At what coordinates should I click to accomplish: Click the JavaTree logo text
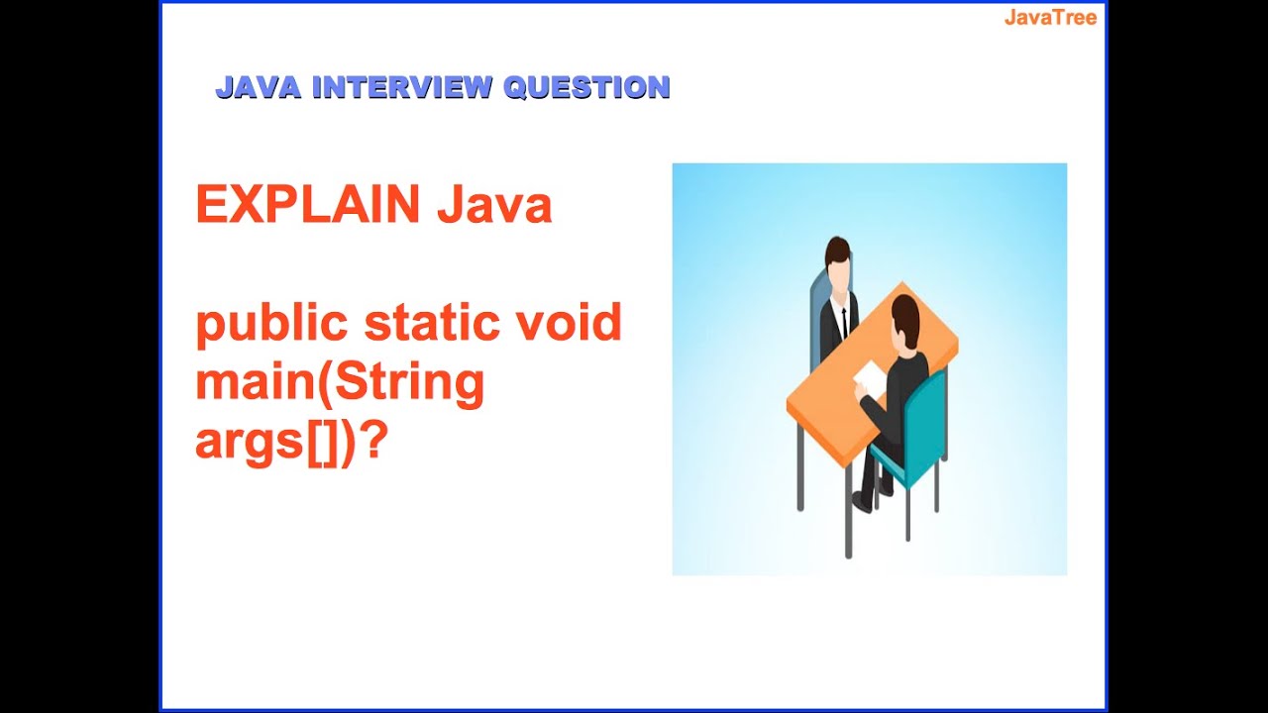tap(1050, 17)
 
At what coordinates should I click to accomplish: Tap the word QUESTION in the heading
tap(586, 88)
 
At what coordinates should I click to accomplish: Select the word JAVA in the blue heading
tap(259, 88)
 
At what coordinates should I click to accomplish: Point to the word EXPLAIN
tap(308, 205)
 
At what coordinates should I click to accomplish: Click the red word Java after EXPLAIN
tap(494, 205)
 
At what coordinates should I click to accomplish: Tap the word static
tap(432, 325)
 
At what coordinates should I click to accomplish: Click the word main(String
tap(340, 382)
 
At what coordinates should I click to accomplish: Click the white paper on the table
tap(870, 378)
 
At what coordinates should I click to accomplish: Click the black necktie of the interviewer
tap(843, 322)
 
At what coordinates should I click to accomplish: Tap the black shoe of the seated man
tap(863, 502)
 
